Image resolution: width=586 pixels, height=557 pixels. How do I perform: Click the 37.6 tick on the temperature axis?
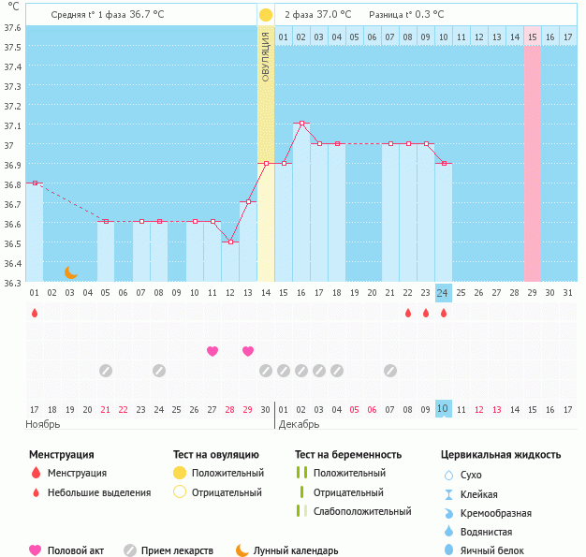pyautogui.click(x=12, y=27)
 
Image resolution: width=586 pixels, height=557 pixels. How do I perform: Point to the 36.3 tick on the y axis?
pyautogui.click(x=12, y=282)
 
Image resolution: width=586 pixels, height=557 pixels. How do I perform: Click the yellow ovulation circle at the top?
pyautogui.click(x=266, y=15)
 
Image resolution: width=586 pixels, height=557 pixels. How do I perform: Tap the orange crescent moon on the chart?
pyautogui.click(x=71, y=272)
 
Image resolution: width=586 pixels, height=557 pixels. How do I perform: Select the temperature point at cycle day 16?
pyautogui.click(x=301, y=124)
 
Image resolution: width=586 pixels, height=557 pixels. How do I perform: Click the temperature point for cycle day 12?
pyautogui.click(x=230, y=242)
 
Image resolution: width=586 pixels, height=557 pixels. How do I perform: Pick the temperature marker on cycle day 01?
pyautogui.click(x=35, y=183)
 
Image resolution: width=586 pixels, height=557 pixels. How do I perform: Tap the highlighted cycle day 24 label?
pyautogui.click(x=444, y=293)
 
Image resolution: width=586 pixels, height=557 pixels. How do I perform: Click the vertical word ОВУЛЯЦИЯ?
pyautogui.click(x=266, y=57)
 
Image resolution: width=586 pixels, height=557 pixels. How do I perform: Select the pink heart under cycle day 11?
pyautogui.click(x=212, y=351)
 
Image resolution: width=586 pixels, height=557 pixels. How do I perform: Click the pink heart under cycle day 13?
pyautogui.click(x=248, y=351)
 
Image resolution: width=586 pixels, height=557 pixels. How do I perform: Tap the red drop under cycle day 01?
pyautogui.click(x=35, y=314)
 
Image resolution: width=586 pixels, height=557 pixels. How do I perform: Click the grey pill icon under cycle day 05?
pyautogui.click(x=106, y=371)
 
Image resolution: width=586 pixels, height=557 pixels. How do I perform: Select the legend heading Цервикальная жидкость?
pyautogui.click(x=501, y=455)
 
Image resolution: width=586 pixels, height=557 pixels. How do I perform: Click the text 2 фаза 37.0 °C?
pyautogui.click(x=318, y=15)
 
